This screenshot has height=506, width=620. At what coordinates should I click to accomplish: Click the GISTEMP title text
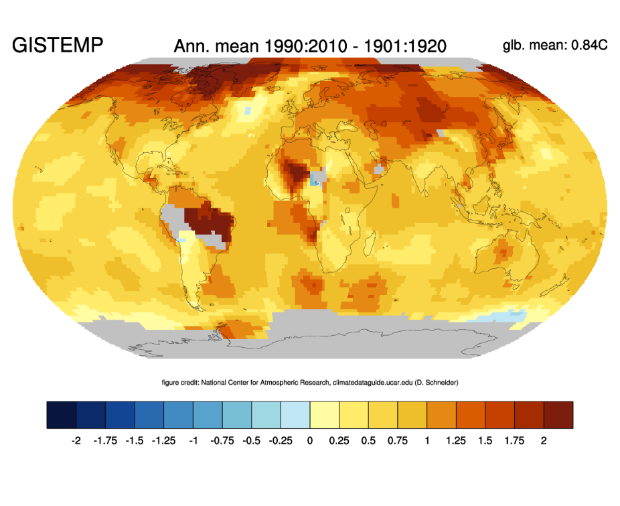tap(58, 46)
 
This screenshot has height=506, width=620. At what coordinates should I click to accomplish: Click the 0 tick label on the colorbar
tap(310, 440)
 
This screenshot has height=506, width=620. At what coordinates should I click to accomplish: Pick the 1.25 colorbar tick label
tap(455, 440)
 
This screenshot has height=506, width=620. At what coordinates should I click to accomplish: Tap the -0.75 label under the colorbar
tap(222, 440)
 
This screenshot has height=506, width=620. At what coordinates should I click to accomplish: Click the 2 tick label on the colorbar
tap(544, 440)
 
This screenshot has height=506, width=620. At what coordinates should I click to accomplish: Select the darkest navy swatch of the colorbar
tap(62, 415)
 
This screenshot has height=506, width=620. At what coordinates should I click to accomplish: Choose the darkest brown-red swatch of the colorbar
tap(558, 415)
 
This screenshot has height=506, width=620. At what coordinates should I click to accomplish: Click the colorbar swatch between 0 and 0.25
tap(325, 415)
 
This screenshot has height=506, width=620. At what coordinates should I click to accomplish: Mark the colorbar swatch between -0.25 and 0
tap(295, 415)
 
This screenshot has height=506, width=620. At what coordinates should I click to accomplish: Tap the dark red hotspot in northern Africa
tap(295, 171)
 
